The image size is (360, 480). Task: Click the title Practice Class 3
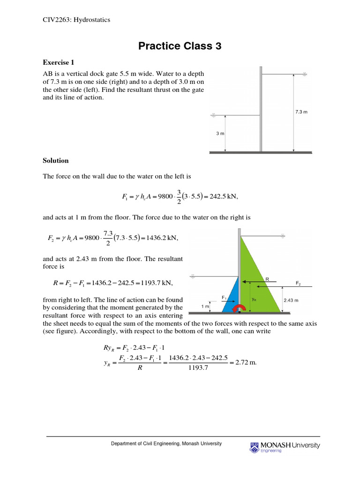tap(180, 46)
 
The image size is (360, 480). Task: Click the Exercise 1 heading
tap(59, 62)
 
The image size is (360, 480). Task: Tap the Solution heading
tap(56, 160)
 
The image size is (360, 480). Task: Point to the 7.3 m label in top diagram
tap(301, 112)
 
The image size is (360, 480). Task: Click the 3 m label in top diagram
tap(220, 133)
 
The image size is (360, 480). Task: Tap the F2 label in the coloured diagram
tap(299, 283)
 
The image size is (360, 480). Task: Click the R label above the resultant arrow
tap(267, 278)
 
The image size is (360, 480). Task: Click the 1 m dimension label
tap(205, 306)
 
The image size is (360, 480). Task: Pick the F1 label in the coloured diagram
tap(225, 297)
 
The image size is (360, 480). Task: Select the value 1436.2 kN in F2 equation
tap(163, 238)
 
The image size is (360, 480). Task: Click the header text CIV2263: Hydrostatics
tap(73, 20)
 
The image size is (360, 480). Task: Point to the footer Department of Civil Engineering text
tap(166, 443)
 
